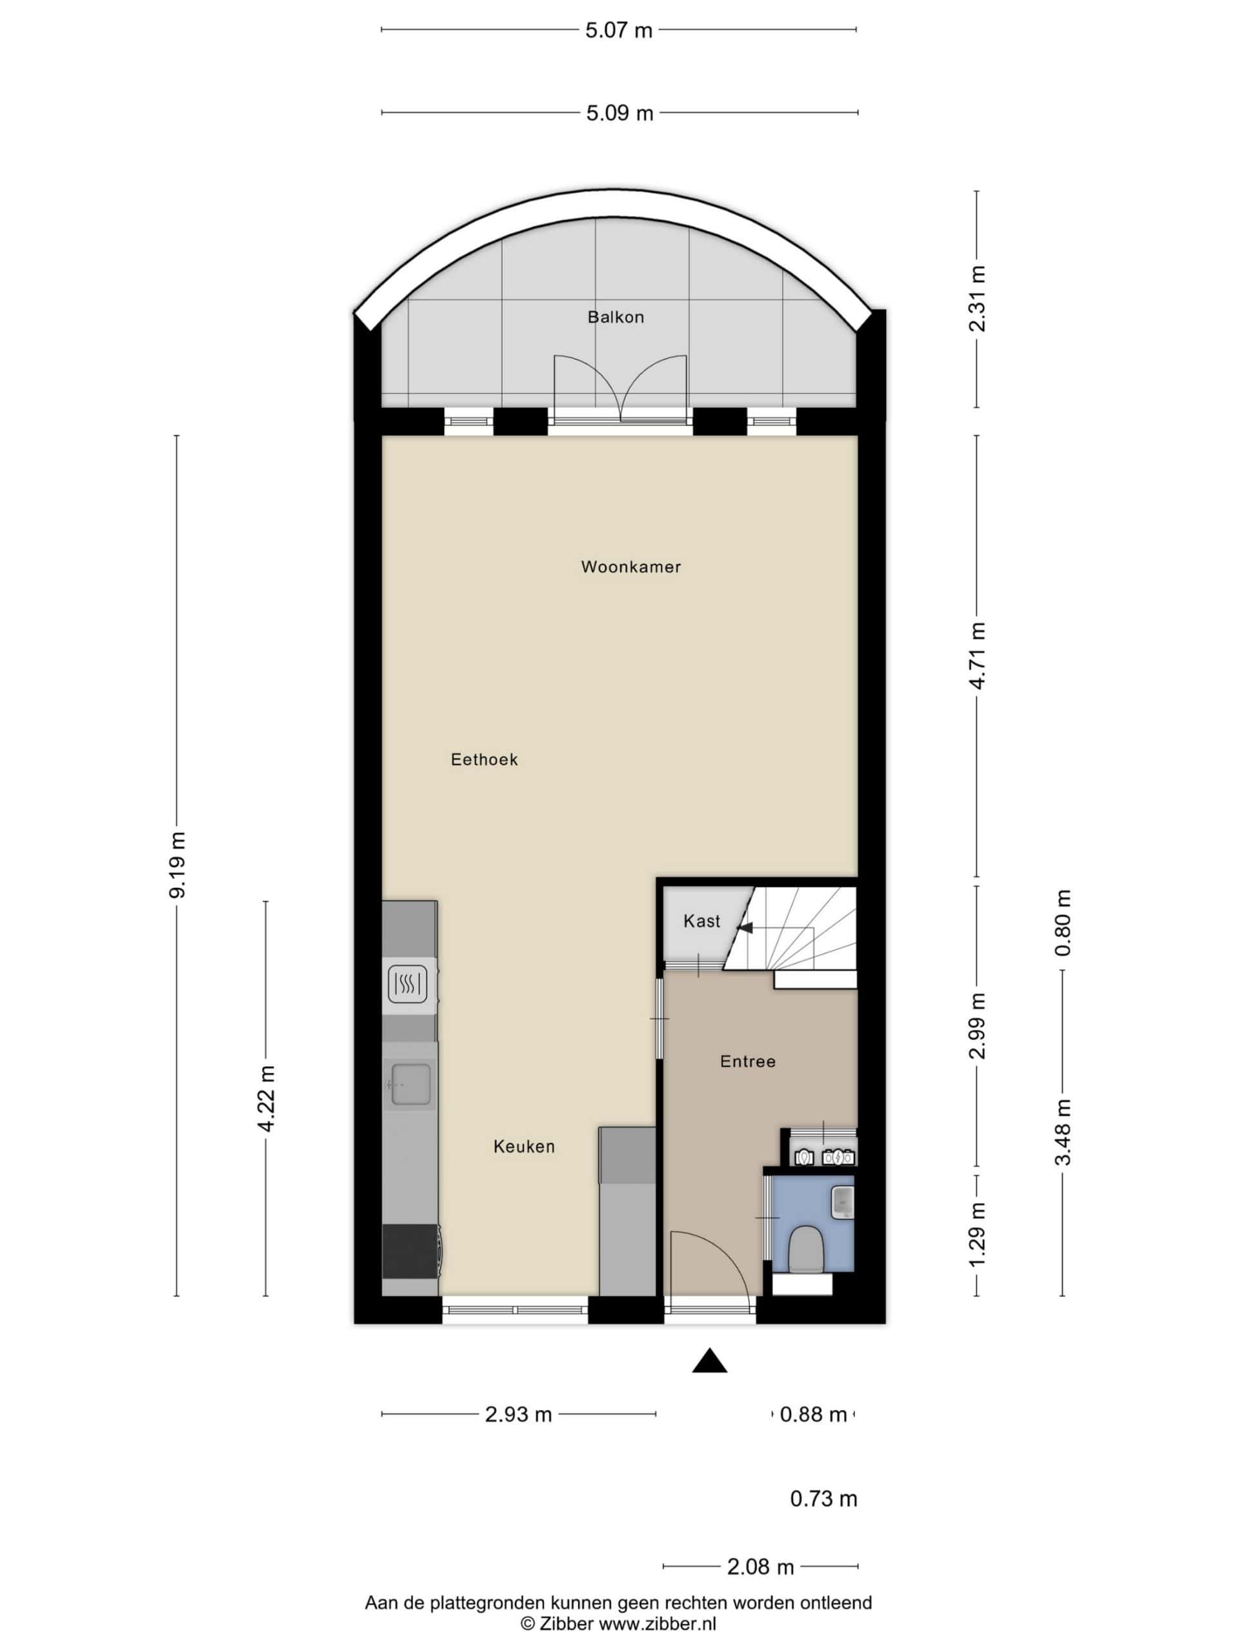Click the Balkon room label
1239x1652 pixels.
[x=616, y=317]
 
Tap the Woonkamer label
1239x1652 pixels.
[x=631, y=567]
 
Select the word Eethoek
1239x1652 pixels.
[x=484, y=760]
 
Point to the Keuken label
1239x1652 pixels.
[x=524, y=1146]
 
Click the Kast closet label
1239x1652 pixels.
[x=702, y=921]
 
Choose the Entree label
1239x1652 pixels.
[x=747, y=1062]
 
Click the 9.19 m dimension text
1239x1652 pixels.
[x=177, y=865]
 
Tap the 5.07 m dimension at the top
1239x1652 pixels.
[x=618, y=30]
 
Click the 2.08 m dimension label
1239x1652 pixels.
[x=760, y=1567]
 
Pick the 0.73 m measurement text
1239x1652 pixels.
[x=824, y=1499]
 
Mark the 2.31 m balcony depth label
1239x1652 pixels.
[x=977, y=298]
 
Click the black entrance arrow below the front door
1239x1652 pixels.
[x=709, y=1362]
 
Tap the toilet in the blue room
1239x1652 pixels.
[x=806, y=1248]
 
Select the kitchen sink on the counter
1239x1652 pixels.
[x=410, y=1083]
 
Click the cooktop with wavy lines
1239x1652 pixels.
[x=408, y=983]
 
